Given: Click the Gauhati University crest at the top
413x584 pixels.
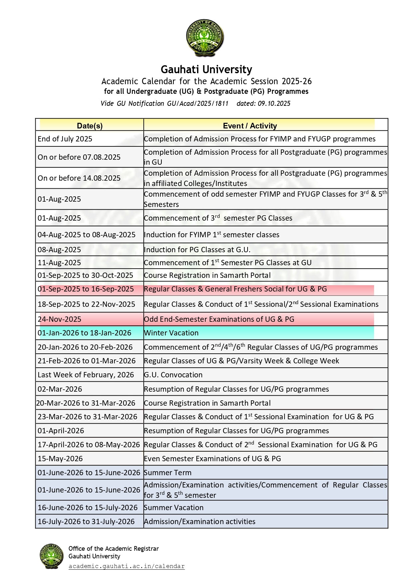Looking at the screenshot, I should (x=205, y=38).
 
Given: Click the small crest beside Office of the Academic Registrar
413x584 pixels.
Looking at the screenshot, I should (x=52, y=556).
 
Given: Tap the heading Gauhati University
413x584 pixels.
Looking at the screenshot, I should (x=206, y=69).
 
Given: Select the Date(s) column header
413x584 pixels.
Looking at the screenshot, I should (x=90, y=126).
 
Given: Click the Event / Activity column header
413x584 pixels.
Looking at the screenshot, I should (x=250, y=126).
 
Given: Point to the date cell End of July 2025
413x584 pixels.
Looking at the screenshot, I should (x=65, y=139).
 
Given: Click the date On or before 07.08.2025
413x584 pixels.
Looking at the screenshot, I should (x=79, y=157).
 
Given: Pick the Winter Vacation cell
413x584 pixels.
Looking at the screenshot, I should (x=171, y=333).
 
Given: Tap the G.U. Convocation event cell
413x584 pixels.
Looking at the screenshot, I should (x=173, y=375).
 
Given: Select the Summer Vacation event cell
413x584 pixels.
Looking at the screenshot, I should (x=173, y=507).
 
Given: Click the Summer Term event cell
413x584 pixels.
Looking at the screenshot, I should (x=167, y=473).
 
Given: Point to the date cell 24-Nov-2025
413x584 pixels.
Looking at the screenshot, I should (x=59, y=319).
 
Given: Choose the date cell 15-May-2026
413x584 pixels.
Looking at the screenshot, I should (x=60, y=459).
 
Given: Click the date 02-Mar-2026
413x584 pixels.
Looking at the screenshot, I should (x=60, y=389).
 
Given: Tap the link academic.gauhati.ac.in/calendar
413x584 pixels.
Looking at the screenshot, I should (x=126, y=566).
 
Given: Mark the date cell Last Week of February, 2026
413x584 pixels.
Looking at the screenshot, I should (x=86, y=375).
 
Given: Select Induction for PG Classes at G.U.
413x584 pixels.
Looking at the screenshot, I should (x=197, y=250).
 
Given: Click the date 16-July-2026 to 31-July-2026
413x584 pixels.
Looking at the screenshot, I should (x=86, y=521).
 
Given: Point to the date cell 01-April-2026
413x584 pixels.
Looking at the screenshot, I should (x=61, y=431).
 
